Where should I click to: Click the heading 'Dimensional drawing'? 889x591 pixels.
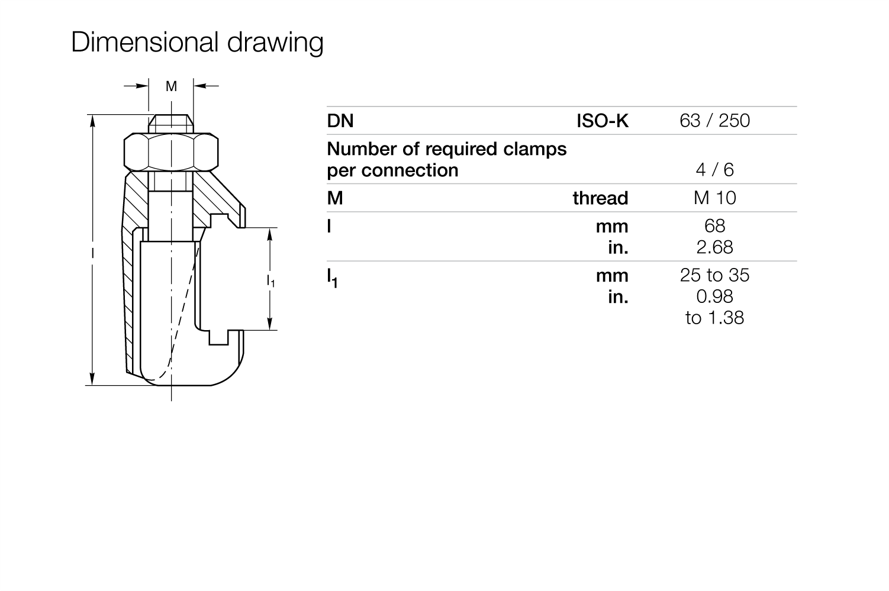(x=197, y=42)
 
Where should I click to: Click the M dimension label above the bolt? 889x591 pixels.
(x=172, y=86)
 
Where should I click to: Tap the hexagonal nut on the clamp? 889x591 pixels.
(x=171, y=152)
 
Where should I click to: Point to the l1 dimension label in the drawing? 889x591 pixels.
(x=270, y=280)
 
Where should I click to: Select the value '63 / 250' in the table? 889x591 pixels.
(x=715, y=121)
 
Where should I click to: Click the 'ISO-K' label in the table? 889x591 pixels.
(x=603, y=121)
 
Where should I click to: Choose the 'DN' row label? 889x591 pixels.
(x=340, y=121)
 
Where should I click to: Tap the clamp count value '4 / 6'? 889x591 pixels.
(x=715, y=170)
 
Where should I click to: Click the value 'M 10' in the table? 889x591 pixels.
(x=715, y=198)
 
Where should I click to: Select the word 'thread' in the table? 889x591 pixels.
(x=601, y=198)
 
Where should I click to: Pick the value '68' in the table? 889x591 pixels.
(x=715, y=226)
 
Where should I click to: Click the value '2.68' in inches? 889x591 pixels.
(x=715, y=247)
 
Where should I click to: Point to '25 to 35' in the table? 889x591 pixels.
(x=715, y=275)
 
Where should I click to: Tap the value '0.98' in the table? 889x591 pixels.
(x=715, y=296)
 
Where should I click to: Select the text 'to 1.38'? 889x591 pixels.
(x=715, y=318)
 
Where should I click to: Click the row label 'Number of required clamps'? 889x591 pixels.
(x=447, y=149)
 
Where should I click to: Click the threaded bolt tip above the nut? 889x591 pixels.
(x=171, y=124)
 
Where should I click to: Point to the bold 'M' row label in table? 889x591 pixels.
(x=335, y=198)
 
